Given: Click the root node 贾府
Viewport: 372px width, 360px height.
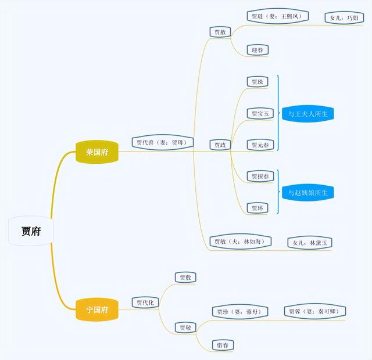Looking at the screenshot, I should (x=31, y=231).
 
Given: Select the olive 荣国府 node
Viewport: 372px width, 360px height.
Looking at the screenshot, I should (x=96, y=152).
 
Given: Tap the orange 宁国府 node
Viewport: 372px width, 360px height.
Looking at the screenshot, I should (x=96, y=309).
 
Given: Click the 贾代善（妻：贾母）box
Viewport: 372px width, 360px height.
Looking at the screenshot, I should (x=162, y=142).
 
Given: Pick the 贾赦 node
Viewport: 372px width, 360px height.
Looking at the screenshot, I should (x=220, y=33).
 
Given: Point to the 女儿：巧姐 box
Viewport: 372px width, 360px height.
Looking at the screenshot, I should (x=345, y=17).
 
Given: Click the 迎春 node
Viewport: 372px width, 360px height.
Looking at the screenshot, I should (x=257, y=50).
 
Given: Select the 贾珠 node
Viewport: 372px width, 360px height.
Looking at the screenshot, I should (x=257, y=82).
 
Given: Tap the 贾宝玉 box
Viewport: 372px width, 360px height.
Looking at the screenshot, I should (x=260, y=113).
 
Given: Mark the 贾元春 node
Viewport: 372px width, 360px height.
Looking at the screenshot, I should (x=260, y=145).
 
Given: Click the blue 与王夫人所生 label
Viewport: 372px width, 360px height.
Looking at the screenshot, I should (x=308, y=114).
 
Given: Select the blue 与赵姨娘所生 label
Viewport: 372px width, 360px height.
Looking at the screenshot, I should (x=308, y=192).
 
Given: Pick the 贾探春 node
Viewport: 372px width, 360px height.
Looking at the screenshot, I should (x=260, y=176).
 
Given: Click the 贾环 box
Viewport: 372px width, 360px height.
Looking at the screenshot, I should (x=257, y=207).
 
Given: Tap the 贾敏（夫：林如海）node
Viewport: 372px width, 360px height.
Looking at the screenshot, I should (x=239, y=242).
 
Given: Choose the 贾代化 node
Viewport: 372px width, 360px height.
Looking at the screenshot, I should (x=145, y=302).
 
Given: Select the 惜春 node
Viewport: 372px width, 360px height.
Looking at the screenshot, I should (x=223, y=345).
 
